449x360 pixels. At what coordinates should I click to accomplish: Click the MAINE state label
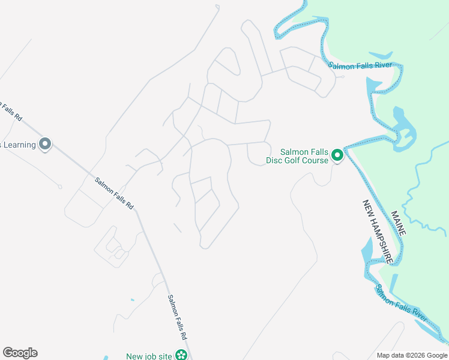(398, 223)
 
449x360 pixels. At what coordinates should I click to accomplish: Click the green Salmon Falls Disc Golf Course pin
(337, 155)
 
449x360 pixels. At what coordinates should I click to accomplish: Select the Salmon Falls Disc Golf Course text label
(298, 156)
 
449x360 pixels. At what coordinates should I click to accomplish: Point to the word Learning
(18, 145)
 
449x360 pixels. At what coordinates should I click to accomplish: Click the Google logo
(20, 353)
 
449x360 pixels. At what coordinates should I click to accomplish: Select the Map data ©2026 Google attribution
(412, 355)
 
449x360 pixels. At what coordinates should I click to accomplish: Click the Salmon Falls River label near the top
(360, 65)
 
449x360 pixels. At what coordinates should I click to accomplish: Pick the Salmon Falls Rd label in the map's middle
(114, 193)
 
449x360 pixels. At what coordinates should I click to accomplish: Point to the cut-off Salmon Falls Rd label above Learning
(10, 109)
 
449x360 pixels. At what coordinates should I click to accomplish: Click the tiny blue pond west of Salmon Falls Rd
(132, 299)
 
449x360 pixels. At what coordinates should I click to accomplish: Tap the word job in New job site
(152, 356)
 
